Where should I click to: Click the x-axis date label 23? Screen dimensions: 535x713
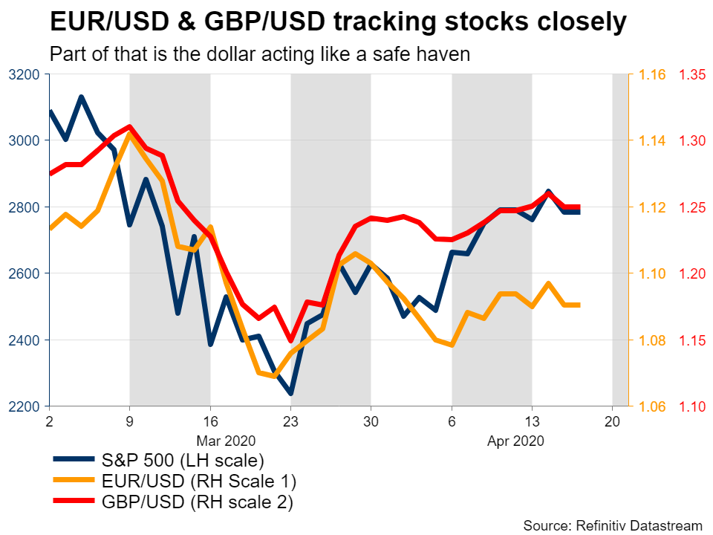pyautogui.click(x=290, y=419)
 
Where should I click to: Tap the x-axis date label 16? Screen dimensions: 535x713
pyautogui.click(x=210, y=419)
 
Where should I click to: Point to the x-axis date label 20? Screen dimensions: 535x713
pyautogui.click(x=612, y=419)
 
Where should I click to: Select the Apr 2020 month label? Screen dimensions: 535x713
pyautogui.click(x=516, y=441)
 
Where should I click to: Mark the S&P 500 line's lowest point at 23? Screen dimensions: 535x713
pyautogui.click(x=290, y=394)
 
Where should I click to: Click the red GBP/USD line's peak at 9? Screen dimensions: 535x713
pyautogui.click(x=130, y=126)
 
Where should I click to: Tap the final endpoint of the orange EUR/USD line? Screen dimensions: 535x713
pyautogui.click(x=579, y=305)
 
